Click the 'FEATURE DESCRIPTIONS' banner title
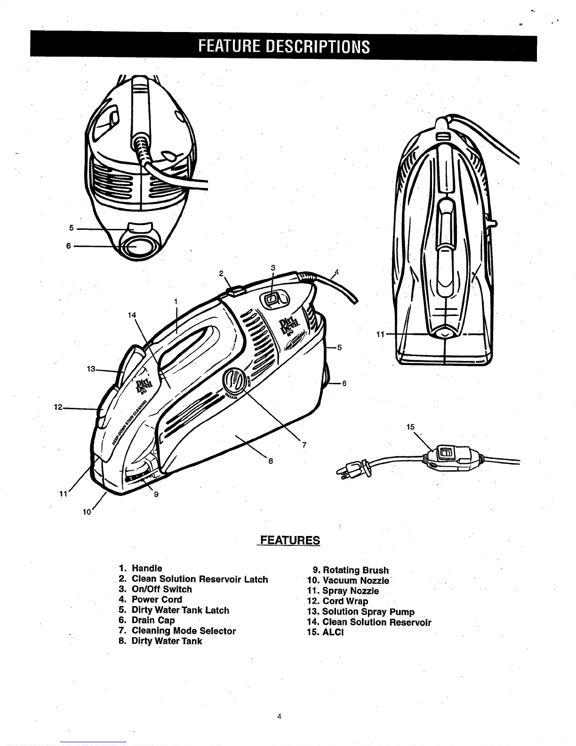[283, 47]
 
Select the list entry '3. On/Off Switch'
[156, 589]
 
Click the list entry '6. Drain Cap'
[147, 620]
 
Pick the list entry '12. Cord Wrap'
[337, 601]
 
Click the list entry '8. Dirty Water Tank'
[160, 641]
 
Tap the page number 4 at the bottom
[279, 717]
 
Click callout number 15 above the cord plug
[410, 427]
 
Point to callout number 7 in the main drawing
[304, 445]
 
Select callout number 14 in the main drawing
[132, 315]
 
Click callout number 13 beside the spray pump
[91, 369]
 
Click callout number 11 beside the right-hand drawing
[380, 334]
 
